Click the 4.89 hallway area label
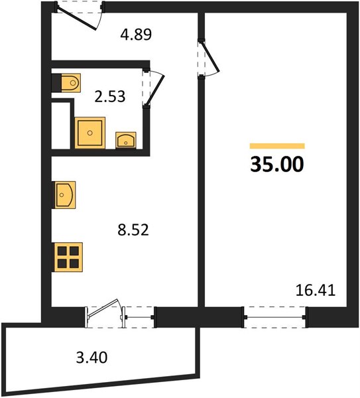coord(136,34)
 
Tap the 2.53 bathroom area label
coord(110,96)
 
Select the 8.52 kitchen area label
coord(133,230)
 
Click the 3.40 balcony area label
coord(92,358)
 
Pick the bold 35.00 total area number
coord(277,165)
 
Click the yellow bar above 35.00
coord(277,146)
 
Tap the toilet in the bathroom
coord(71,83)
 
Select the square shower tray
coord(90,133)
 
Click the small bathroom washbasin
coord(126,140)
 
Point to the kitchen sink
coord(64,195)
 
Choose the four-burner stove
coord(68,257)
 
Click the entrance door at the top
coord(79,16)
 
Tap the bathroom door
coord(153,88)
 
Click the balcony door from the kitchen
coord(104,314)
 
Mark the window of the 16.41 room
coord(274,317)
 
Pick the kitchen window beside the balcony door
coord(139,317)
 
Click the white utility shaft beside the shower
coord(61,125)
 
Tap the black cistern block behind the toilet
coord(56,83)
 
